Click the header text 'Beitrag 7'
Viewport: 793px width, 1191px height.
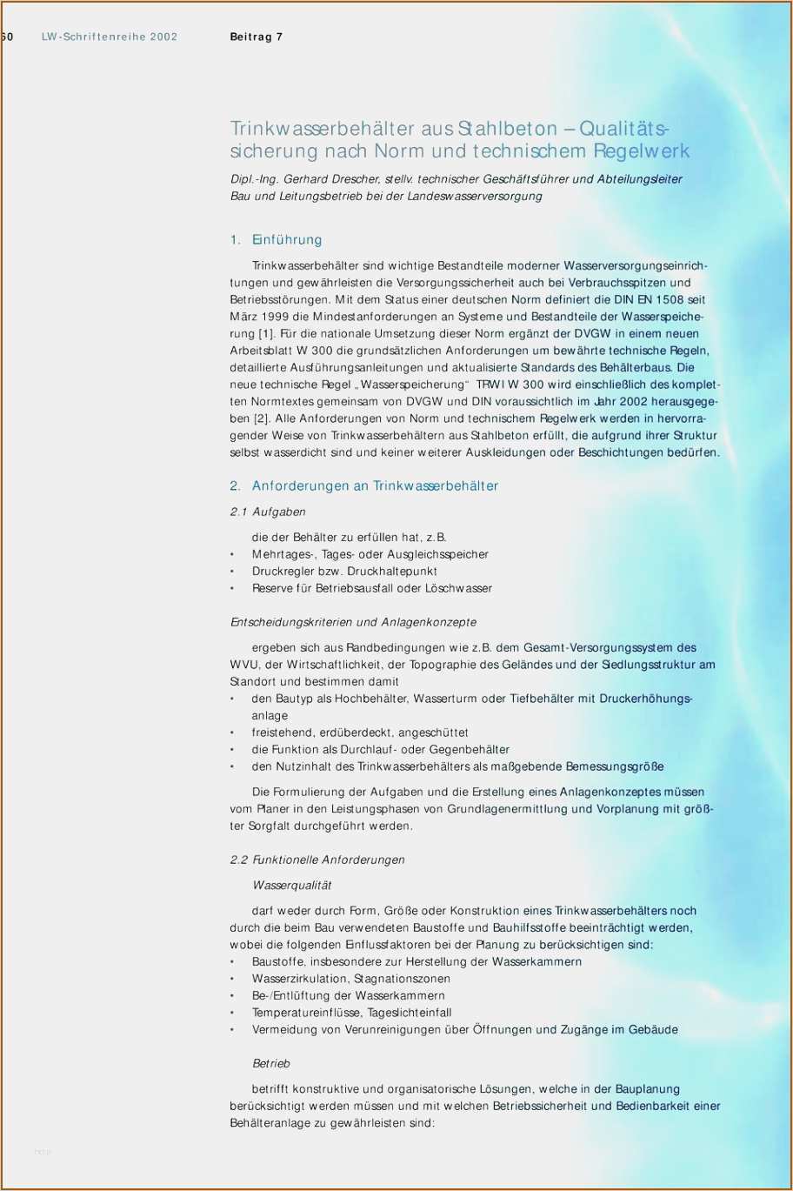pos(256,37)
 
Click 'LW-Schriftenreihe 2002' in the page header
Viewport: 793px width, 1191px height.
pos(110,37)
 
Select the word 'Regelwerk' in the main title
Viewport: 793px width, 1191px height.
pos(642,151)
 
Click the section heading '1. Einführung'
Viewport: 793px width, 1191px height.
pos(276,240)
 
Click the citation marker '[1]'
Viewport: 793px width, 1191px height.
pos(268,334)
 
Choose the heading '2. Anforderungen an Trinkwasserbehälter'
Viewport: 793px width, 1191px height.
pos(363,486)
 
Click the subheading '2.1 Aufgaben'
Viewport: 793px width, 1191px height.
pos(268,512)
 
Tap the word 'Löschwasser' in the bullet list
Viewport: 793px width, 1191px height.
pos(458,589)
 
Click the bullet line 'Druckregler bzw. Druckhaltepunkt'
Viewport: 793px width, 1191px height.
pos(344,572)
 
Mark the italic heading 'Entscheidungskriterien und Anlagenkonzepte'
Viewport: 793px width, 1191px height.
pos(353,623)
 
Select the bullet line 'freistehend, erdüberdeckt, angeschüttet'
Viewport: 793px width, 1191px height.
pos(360,733)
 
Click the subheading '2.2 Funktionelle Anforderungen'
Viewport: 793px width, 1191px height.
pos(317,860)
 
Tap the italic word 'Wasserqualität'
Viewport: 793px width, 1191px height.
pos(292,886)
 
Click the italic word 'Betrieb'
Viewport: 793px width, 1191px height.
pos(271,1064)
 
